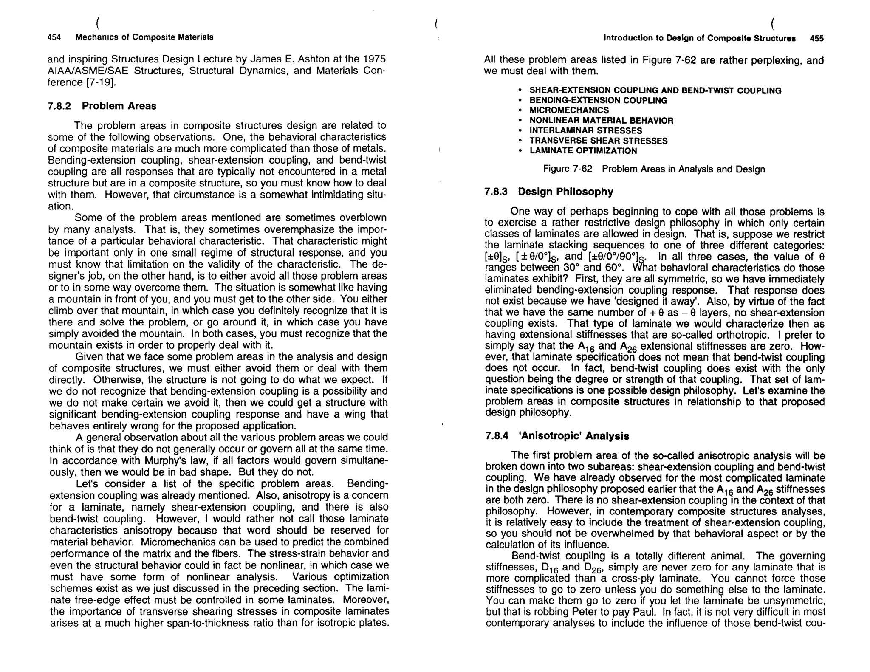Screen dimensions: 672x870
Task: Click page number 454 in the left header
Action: (x=54, y=37)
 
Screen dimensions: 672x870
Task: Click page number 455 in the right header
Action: (x=816, y=38)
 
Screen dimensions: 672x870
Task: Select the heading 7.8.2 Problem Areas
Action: (x=102, y=106)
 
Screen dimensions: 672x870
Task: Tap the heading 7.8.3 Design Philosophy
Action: (x=548, y=192)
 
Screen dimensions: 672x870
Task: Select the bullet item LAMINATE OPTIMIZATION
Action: (x=583, y=151)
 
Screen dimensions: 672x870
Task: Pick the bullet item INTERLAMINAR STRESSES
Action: (x=585, y=130)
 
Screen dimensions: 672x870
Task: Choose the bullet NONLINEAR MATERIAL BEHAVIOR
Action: (x=601, y=121)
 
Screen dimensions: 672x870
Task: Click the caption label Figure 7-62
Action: (x=568, y=169)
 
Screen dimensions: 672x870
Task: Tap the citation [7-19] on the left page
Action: (x=100, y=82)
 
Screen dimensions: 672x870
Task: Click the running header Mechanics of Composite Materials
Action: (x=144, y=37)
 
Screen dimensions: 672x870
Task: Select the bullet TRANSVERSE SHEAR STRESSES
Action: (x=598, y=141)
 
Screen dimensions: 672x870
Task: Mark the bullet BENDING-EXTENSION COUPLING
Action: (x=598, y=100)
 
